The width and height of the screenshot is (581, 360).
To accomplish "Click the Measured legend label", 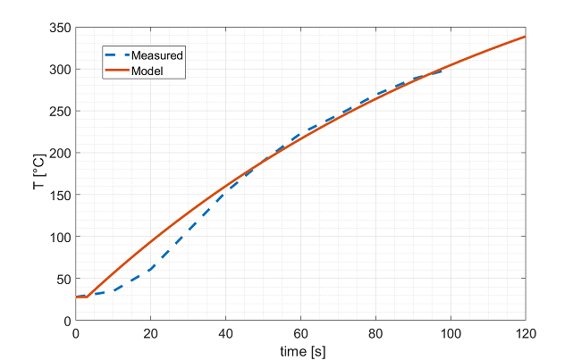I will pyautogui.click(x=156, y=55).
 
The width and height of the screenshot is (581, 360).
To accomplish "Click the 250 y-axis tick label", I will pyautogui.click(x=61, y=111).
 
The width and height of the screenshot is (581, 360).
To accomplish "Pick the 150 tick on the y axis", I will pyautogui.click(x=61, y=195).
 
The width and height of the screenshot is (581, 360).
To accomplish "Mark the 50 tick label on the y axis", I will pyautogui.click(x=63, y=279).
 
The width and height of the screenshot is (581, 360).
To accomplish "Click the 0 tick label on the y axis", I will pyautogui.click(x=67, y=321).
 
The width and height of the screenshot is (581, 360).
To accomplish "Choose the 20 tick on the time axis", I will pyautogui.click(x=151, y=332).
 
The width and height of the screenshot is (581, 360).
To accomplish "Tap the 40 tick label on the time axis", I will pyautogui.click(x=226, y=332).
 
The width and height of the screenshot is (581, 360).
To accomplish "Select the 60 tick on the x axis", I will pyautogui.click(x=301, y=332).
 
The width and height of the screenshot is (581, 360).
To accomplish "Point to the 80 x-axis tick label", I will pyautogui.click(x=375, y=332).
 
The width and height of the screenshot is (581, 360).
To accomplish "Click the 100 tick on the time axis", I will pyautogui.click(x=450, y=332).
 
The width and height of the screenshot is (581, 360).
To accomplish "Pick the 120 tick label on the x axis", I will pyautogui.click(x=526, y=332).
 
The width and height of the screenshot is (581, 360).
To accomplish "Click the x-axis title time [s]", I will pyautogui.click(x=301, y=349).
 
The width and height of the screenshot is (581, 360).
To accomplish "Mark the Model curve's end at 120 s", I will pyautogui.click(x=525, y=37).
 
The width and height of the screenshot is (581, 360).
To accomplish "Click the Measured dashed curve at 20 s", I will pyautogui.click(x=151, y=269).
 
